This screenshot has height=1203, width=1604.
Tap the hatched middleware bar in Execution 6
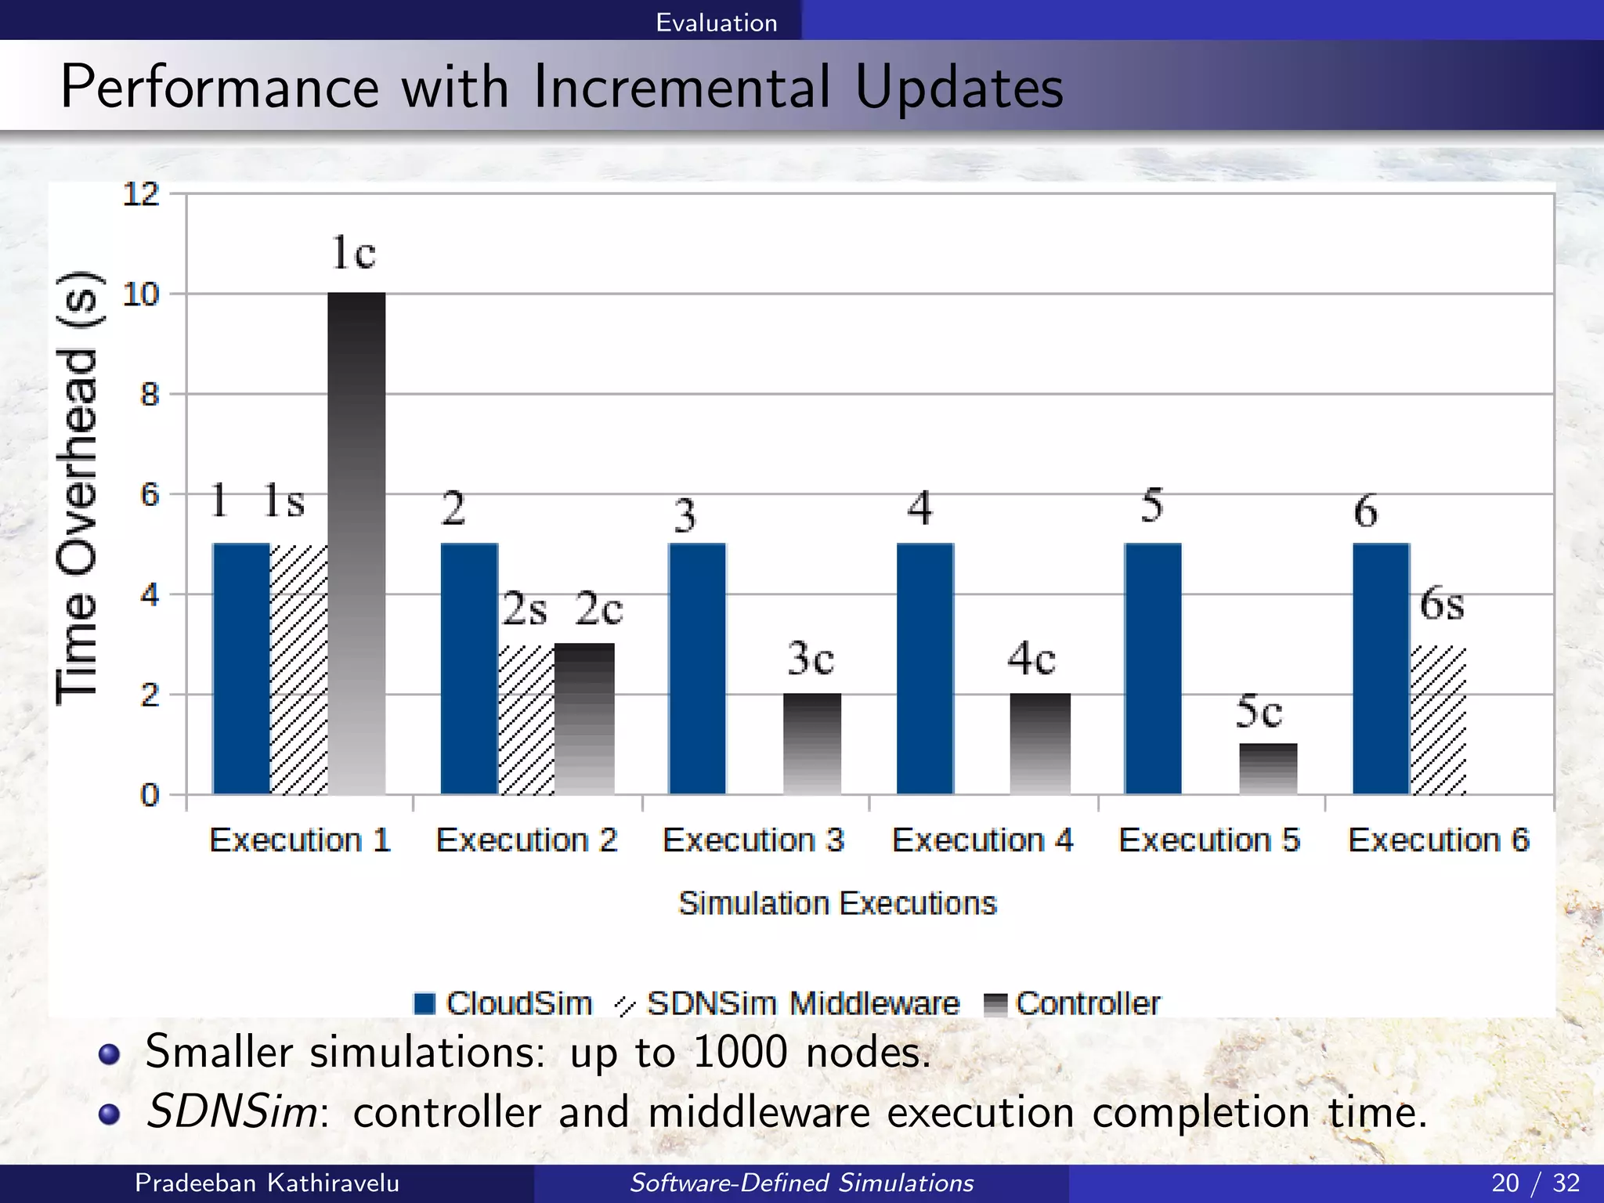pos(1438,720)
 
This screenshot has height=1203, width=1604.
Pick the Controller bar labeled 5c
pos(1268,768)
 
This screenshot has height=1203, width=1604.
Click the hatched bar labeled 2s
pos(526,720)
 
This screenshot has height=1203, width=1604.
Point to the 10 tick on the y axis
pos(141,294)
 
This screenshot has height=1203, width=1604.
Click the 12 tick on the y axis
pos(141,194)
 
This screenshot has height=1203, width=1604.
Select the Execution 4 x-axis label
pos(982,840)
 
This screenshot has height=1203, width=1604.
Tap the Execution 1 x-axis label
pos(300,840)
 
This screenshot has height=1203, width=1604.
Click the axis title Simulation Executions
pos(836,903)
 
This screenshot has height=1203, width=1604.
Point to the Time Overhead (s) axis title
pos(78,487)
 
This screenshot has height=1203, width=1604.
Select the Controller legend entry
pos(1073,1003)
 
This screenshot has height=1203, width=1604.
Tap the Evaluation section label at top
pos(716,22)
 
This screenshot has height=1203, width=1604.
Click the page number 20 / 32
pos(1535,1183)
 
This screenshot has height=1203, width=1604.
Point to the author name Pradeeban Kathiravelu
pos(267,1183)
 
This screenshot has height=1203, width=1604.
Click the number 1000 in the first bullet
pos(740,1051)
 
